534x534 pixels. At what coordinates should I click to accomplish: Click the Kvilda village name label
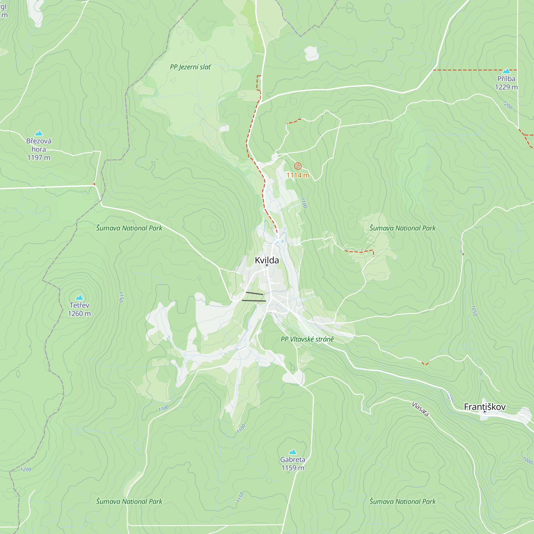[x=267, y=260]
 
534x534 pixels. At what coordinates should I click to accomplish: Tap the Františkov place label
[x=485, y=407]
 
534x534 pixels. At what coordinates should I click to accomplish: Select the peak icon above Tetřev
[x=79, y=297]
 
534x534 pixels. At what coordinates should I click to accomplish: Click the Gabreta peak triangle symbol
[x=292, y=452]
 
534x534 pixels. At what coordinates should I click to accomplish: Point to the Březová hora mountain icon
[x=39, y=133]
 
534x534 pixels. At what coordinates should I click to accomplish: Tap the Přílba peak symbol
[x=506, y=71]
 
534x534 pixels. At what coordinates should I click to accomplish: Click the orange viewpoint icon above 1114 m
[x=298, y=166]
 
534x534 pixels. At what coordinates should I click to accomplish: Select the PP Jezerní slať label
[x=190, y=67]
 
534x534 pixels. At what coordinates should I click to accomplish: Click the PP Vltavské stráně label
[x=307, y=339]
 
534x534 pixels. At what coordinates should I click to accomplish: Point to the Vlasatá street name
[x=421, y=409]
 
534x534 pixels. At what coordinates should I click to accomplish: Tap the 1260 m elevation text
[x=79, y=314]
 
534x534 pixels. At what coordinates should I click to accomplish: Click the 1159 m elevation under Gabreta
[x=292, y=468]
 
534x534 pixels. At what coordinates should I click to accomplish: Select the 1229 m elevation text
[x=506, y=87]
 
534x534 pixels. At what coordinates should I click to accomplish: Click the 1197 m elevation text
[x=39, y=158]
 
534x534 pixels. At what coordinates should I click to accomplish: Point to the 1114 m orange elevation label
[x=298, y=175]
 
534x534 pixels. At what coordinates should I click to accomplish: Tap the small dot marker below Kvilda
[x=267, y=265]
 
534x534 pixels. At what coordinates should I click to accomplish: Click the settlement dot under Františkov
[x=485, y=412]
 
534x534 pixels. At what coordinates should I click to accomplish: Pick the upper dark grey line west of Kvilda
[x=254, y=293]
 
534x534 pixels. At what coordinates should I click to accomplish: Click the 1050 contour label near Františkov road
[x=474, y=311]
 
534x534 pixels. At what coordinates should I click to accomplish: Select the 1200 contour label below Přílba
[x=508, y=105]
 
